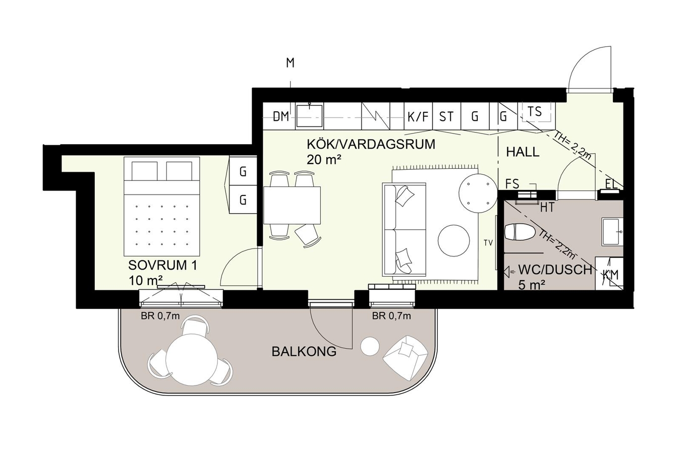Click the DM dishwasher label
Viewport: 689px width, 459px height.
(x=281, y=116)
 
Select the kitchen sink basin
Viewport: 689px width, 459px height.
(x=309, y=115)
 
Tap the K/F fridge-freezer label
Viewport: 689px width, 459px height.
(x=418, y=117)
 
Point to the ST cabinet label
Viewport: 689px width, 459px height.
(x=446, y=117)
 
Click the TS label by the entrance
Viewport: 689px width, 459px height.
(x=535, y=111)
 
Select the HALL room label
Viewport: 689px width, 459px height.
(x=523, y=152)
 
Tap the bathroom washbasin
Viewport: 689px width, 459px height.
(x=612, y=232)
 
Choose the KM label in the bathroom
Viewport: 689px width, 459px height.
(x=610, y=275)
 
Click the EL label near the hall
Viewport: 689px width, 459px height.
(x=611, y=184)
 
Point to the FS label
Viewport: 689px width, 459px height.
(x=512, y=184)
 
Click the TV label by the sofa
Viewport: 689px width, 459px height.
(x=488, y=243)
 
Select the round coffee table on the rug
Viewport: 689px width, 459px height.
(x=453, y=241)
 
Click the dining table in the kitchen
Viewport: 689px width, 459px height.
(x=292, y=205)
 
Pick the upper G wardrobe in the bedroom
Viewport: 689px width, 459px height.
(x=243, y=171)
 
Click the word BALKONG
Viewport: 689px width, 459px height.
(x=304, y=352)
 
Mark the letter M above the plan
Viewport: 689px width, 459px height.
(x=290, y=62)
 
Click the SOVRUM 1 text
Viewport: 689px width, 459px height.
(x=162, y=265)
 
